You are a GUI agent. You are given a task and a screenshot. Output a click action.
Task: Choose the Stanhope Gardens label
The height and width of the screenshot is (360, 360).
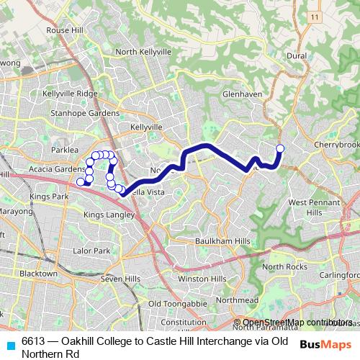point(81,113)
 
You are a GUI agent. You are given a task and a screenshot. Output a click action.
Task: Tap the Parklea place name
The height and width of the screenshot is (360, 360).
point(64,150)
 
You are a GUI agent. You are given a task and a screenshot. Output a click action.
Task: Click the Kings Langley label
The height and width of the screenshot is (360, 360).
point(109,215)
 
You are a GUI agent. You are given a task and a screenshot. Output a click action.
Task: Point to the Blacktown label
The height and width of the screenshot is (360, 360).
point(38,274)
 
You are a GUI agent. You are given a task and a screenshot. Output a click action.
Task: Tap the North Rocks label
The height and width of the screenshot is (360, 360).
point(284,267)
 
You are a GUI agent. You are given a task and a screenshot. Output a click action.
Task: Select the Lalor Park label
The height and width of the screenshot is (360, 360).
point(91,251)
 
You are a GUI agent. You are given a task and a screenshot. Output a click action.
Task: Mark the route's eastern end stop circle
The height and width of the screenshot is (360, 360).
point(280,148)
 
